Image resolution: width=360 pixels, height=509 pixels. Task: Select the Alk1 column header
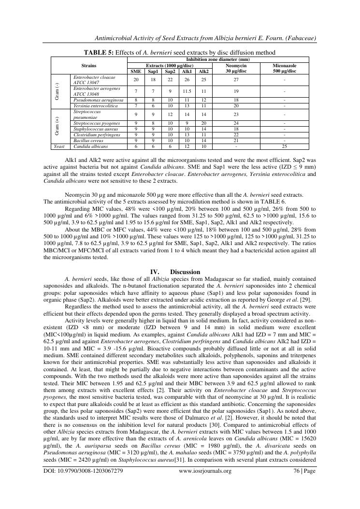point(187,71)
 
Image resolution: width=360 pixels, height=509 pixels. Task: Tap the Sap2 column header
point(170,71)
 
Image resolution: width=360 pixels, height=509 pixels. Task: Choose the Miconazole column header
point(285,68)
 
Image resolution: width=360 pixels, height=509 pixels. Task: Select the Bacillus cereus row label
point(87,141)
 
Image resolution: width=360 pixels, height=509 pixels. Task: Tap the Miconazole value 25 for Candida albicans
point(285,146)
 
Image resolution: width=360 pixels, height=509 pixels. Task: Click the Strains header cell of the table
point(89,65)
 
